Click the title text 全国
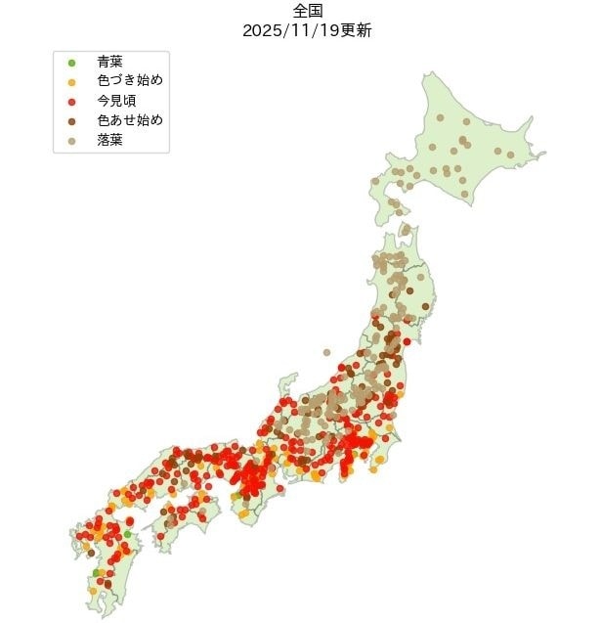(307, 11)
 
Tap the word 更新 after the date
(355, 29)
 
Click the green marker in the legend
(71, 64)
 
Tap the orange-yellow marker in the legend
(71, 82)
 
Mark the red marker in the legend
(71, 102)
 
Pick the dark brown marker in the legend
(71, 121)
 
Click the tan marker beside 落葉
(71, 141)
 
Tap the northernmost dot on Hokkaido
(440, 118)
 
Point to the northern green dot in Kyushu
(128, 534)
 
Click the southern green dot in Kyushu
(96, 572)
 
